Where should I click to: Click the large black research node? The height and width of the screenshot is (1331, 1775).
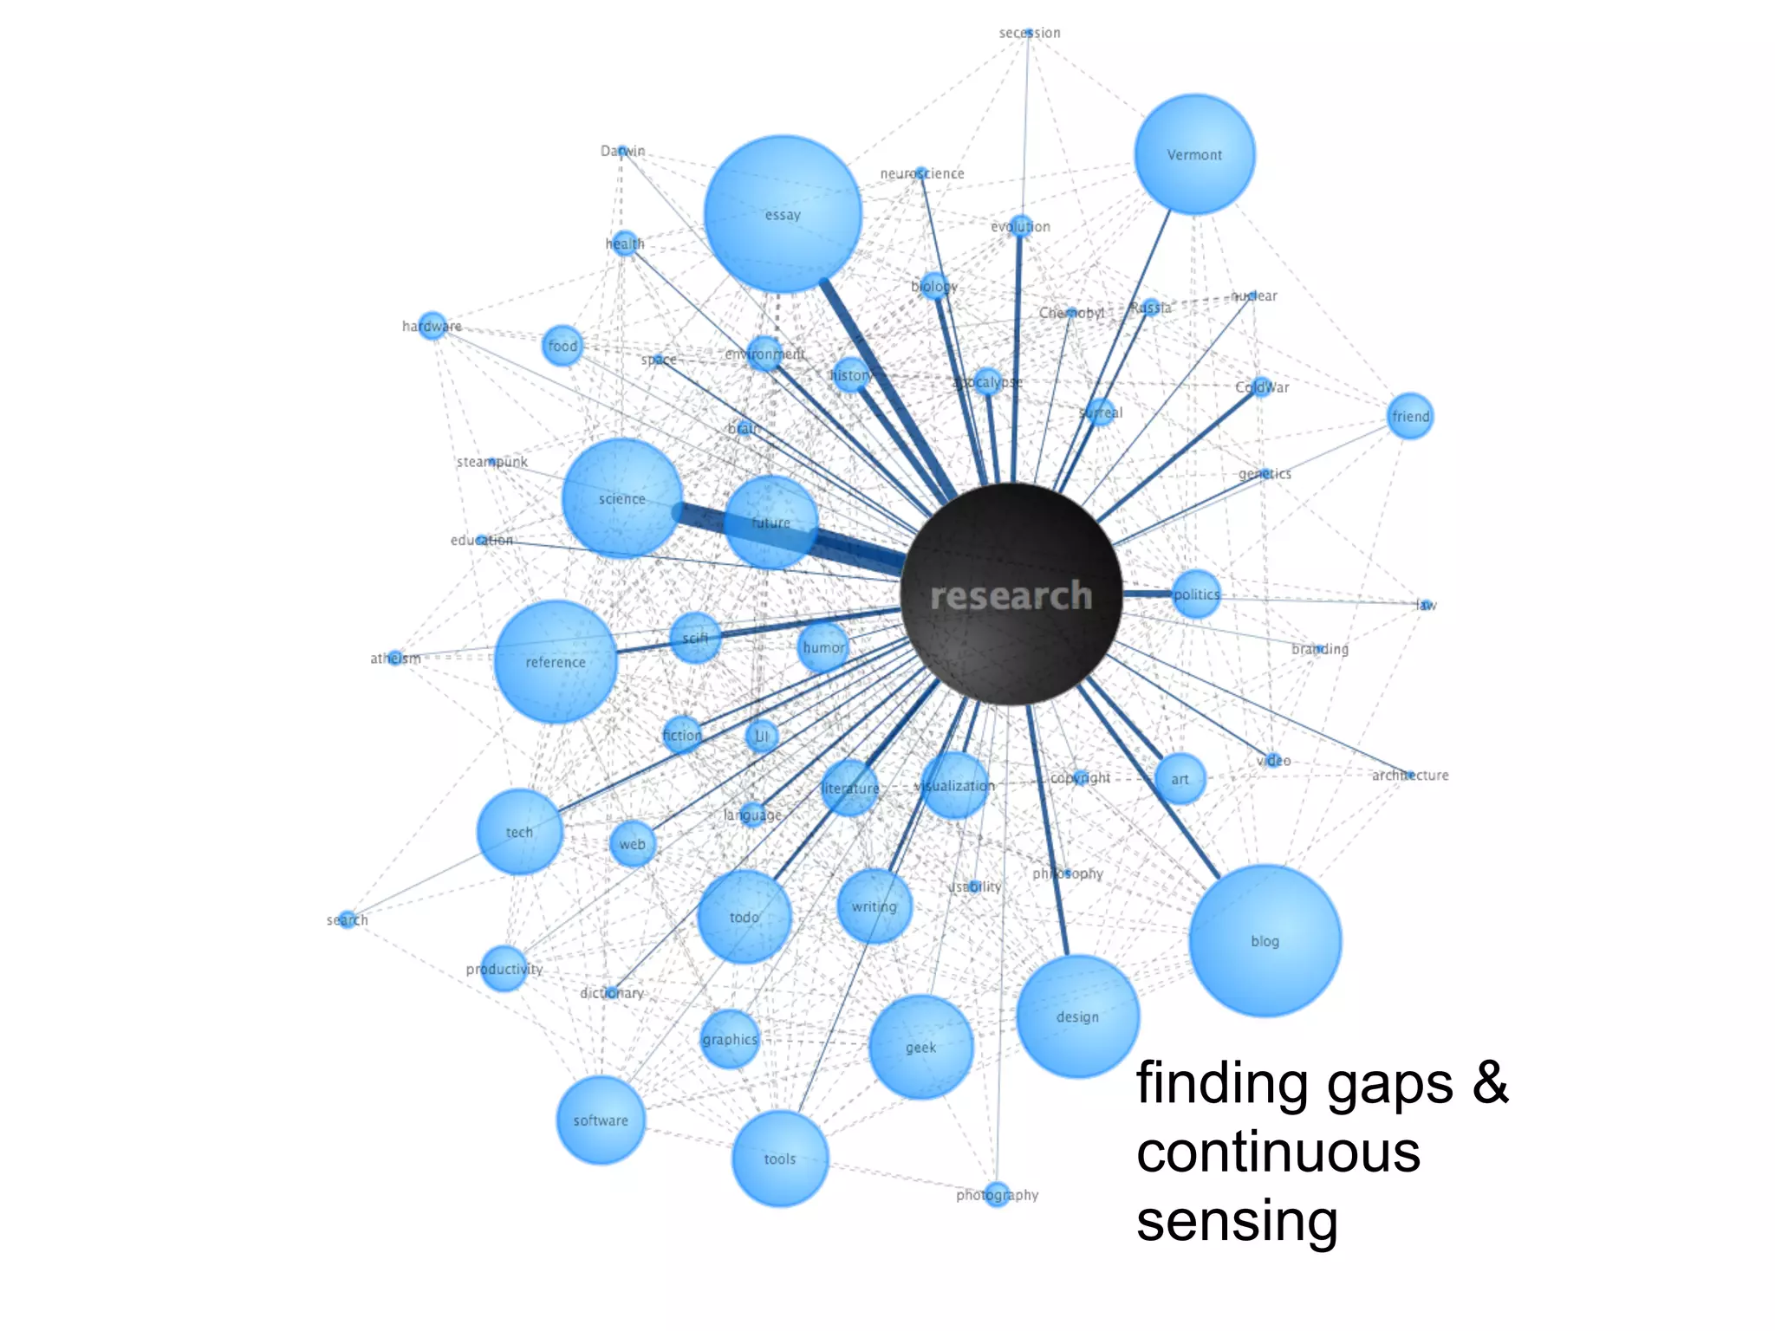[x=1011, y=594]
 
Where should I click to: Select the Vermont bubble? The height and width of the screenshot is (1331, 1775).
[x=1194, y=154]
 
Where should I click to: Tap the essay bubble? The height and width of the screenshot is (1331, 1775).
[x=783, y=214]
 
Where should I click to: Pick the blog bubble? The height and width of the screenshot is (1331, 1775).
[x=1265, y=940]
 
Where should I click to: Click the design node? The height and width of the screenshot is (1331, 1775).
[x=1077, y=1016]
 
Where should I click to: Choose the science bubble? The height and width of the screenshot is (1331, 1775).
[x=621, y=498]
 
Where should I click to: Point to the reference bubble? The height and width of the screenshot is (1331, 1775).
[x=556, y=662]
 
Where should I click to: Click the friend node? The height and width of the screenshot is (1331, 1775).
[x=1410, y=416]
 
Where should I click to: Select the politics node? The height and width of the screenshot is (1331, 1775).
[x=1196, y=594]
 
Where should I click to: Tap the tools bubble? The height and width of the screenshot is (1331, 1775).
[x=780, y=1159]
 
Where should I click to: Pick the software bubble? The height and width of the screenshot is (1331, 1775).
[x=601, y=1120]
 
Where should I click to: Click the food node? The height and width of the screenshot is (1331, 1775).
[x=562, y=346]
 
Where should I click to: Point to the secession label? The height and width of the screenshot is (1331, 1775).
[x=1029, y=33]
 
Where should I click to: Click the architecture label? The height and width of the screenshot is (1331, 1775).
[x=1410, y=776]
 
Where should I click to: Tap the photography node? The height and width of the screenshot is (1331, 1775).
[x=997, y=1194]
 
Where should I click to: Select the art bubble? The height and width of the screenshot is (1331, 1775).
[x=1180, y=779]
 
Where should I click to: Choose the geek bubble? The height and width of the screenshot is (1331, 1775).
[x=920, y=1048]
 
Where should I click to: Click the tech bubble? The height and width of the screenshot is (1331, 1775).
[x=519, y=832]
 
